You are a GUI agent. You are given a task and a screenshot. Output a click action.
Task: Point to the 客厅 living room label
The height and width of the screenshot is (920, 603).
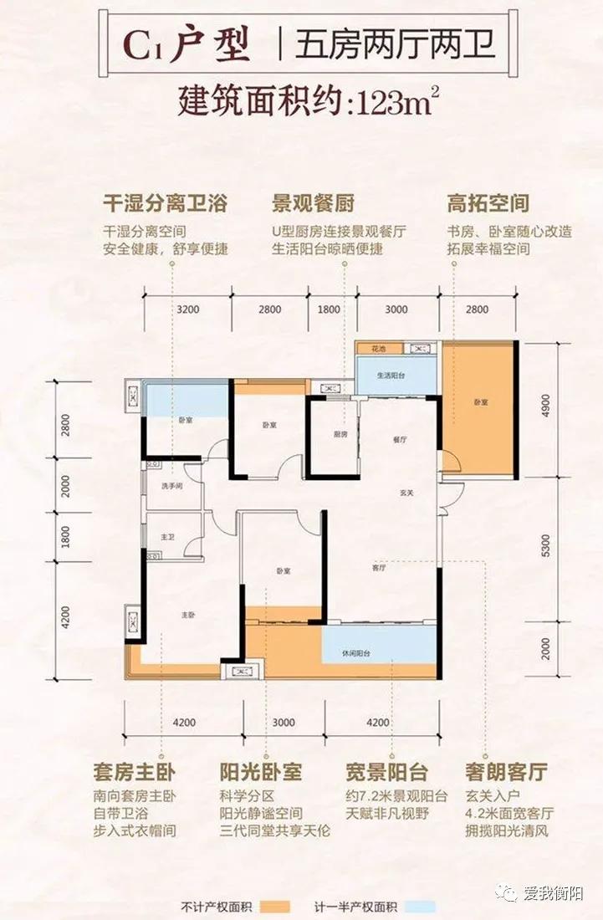[379, 568]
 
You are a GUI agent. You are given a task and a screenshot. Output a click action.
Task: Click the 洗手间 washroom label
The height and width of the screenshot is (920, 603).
[172, 487]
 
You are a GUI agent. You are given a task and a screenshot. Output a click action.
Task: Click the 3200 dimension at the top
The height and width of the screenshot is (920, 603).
[188, 309]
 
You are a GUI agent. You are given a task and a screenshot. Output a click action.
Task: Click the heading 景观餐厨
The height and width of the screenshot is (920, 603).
[314, 203]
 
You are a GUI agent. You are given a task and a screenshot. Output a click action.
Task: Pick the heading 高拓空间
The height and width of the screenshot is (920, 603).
[488, 203]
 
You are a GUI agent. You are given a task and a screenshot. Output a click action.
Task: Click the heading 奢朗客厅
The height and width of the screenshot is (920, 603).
[507, 770]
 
